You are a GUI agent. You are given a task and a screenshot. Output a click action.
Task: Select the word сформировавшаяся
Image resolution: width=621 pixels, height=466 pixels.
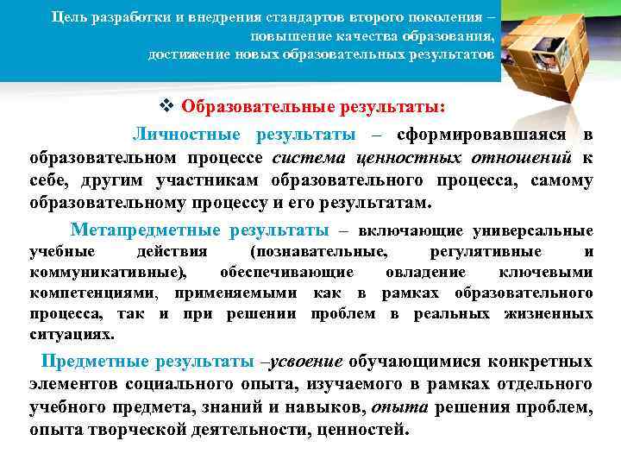tap(481, 135)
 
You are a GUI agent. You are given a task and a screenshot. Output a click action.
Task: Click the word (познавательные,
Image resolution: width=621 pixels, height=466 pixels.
tap(318, 251)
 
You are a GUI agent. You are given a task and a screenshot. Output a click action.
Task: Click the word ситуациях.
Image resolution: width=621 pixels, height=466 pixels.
tap(72, 334)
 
